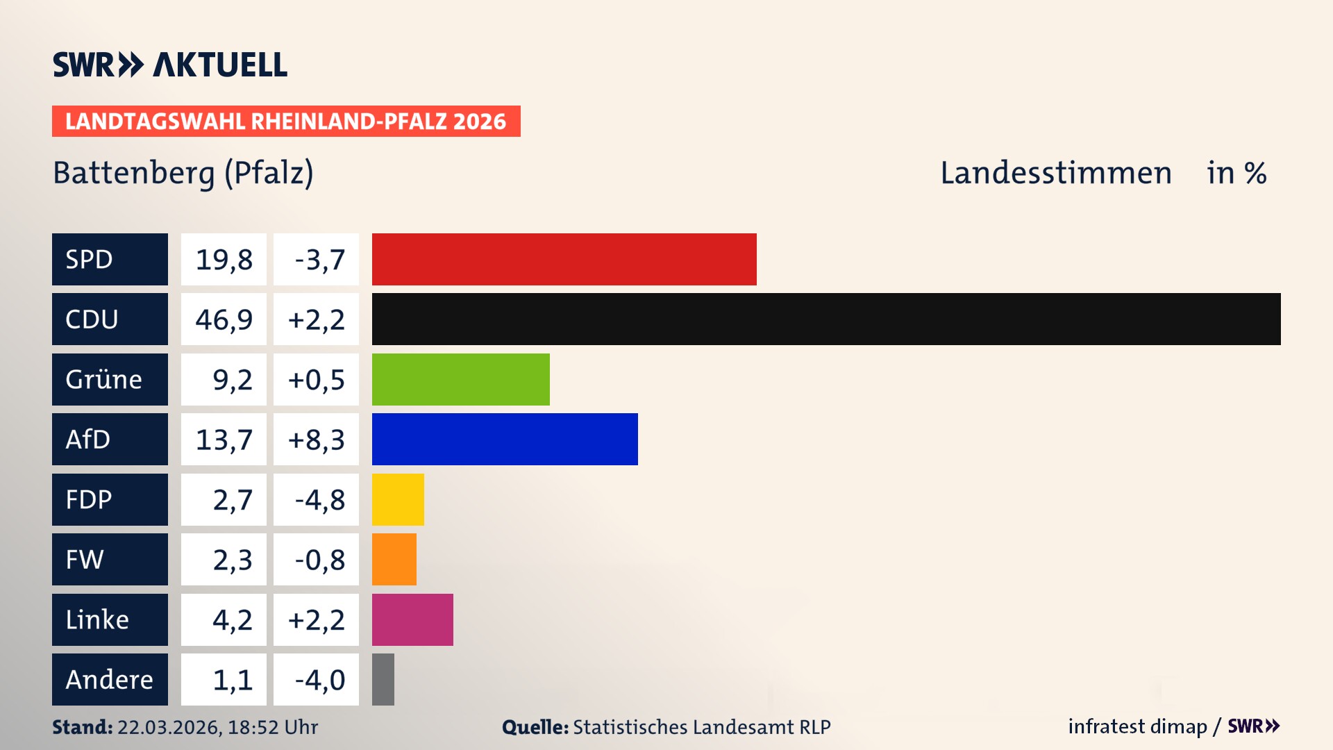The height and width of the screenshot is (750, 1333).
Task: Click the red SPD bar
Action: click(564, 259)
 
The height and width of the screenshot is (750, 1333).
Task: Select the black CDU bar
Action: click(826, 319)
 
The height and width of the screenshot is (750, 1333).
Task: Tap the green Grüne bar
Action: click(460, 379)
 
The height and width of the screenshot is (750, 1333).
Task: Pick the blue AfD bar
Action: click(505, 439)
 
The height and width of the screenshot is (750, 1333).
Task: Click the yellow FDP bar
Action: click(398, 499)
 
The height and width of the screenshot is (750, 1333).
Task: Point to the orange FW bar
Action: click(394, 559)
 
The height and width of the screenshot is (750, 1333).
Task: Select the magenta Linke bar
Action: click(412, 619)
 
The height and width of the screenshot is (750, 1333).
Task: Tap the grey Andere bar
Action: click(383, 679)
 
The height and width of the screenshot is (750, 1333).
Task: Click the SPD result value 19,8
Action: click(224, 259)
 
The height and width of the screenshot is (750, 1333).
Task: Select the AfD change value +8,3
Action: click(316, 439)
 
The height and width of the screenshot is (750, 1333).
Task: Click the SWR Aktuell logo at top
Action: click(169, 65)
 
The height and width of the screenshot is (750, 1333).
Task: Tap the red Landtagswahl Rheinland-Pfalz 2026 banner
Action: click(285, 121)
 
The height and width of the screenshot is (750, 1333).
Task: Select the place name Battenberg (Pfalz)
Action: click(183, 173)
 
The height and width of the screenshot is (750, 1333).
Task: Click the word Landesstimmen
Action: click(1055, 173)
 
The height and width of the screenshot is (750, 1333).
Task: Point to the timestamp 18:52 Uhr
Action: click(272, 727)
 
